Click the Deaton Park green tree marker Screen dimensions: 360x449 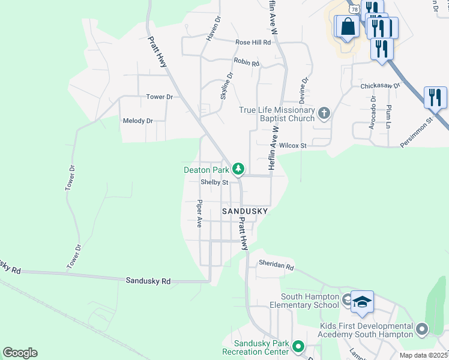click(238, 169)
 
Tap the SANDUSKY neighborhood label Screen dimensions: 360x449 click(244, 212)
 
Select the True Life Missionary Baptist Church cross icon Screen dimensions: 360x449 click(324, 113)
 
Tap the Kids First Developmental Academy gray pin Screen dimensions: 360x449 click(422, 329)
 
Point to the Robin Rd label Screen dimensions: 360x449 click(247, 62)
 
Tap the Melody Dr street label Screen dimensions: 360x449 click(138, 121)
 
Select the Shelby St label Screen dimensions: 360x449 click(215, 182)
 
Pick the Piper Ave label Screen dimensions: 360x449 click(199, 214)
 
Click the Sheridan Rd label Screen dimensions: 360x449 click(276, 265)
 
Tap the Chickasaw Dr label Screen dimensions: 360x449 click(380, 86)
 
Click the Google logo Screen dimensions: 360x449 click(20, 353)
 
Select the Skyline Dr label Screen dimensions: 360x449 click(227, 86)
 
